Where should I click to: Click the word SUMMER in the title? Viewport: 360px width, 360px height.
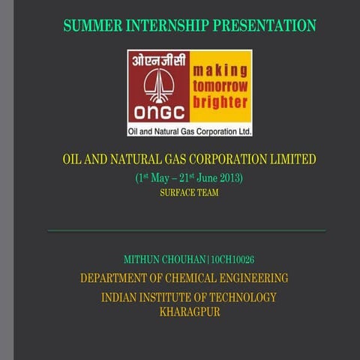88,26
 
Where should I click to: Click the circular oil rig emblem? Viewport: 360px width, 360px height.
158,85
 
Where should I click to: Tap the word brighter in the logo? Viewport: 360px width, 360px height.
220,102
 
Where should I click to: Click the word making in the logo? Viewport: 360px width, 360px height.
220,70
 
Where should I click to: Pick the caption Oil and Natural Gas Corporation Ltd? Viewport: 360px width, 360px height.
190,130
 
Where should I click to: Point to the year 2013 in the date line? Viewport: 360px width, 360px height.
230,178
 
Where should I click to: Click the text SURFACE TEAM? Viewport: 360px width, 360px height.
190,193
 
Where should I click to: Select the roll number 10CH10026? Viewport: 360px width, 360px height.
232,260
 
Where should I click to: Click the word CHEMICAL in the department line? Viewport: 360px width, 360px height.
185,278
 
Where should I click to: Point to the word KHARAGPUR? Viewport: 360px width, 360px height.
190,312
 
